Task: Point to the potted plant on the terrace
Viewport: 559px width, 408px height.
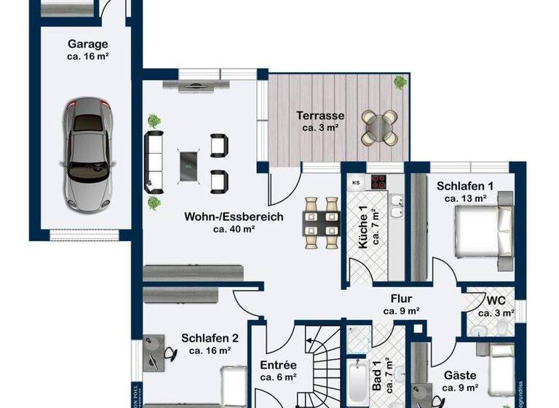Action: (x=400, y=82)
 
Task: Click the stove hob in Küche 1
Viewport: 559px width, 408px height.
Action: (x=380, y=182)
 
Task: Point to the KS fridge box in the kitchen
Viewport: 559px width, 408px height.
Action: (x=356, y=182)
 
